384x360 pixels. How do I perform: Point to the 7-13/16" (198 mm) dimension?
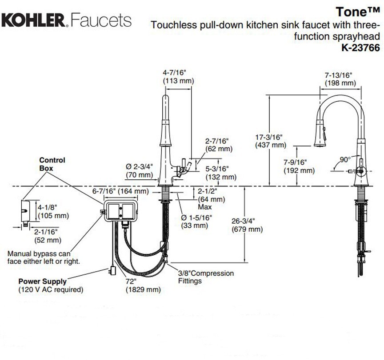(x=340, y=79)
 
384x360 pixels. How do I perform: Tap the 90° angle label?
(x=344, y=159)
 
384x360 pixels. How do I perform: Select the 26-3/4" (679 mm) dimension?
(x=247, y=225)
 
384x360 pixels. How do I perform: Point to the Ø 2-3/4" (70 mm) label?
(x=139, y=170)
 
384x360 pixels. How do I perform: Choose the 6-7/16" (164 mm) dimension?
(x=120, y=191)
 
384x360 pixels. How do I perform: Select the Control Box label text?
(x=52, y=164)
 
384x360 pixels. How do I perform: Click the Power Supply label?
(x=43, y=281)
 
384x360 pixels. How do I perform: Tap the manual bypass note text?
(x=44, y=257)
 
